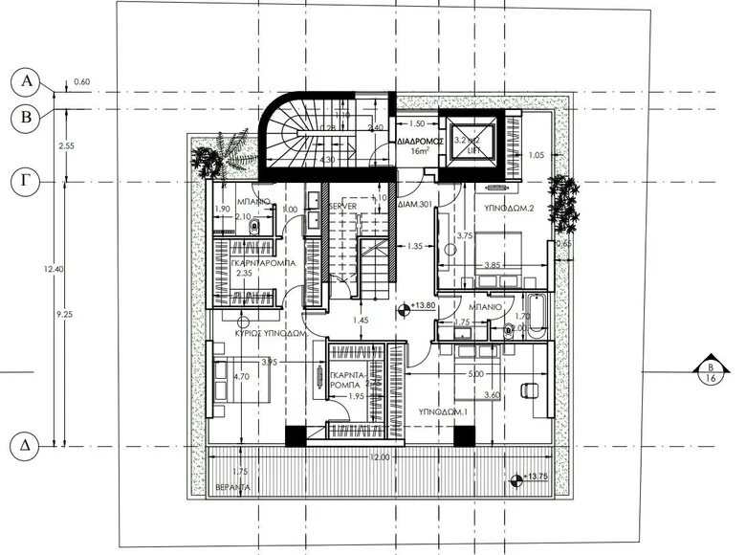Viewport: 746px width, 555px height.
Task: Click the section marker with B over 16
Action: [x=711, y=372]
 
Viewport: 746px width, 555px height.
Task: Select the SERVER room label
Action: [x=343, y=208]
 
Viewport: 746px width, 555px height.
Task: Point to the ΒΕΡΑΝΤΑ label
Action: [x=233, y=486]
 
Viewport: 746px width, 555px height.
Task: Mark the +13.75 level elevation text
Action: [x=538, y=476]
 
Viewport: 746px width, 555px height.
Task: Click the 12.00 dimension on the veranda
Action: [x=380, y=457]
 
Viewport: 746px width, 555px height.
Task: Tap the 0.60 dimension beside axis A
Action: [x=81, y=82]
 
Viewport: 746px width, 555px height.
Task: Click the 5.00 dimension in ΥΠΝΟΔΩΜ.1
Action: [x=476, y=374]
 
